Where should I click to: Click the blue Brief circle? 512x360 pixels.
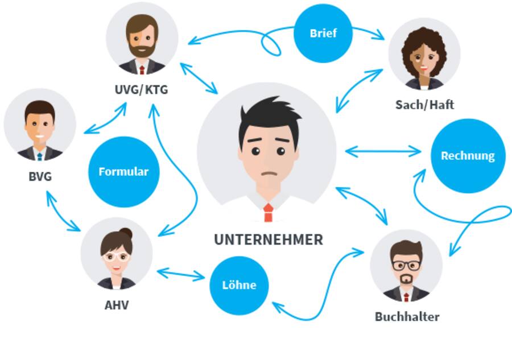click(323, 33)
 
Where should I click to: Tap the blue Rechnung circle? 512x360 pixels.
click(468, 155)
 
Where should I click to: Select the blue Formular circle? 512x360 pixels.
click(123, 171)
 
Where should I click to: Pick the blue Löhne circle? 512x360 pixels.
click(239, 285)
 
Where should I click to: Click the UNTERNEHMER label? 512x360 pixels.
click(268, 239)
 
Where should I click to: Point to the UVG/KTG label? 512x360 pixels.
click(141, 90)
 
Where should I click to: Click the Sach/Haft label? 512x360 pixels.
click(424, 105)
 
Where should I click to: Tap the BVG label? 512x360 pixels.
click(40, 176)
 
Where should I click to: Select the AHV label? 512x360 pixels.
click(117, 305)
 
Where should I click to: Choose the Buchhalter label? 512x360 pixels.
click(407, 317)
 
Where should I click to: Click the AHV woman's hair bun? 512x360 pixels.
click(126, 233)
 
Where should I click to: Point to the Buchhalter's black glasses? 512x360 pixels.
click(406, 264)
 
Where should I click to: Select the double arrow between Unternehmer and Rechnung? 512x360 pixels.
click(383, 151)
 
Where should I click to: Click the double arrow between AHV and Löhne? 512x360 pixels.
click(180, 275)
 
